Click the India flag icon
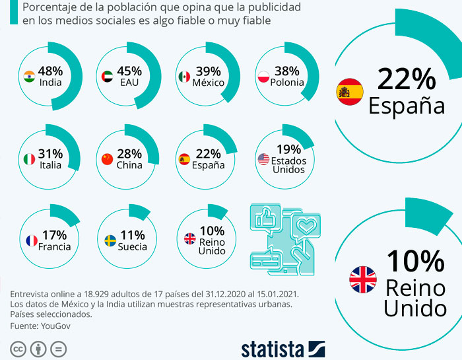tap(29, 76)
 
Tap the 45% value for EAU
tap(129, 71)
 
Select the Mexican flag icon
tap(184, 77)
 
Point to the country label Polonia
tap(287, 83)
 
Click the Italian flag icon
tap(29, 159)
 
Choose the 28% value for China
tap(129, 154)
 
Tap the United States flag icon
tap(263, 159)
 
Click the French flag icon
tap(30, 240)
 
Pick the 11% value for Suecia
tap(133, 235)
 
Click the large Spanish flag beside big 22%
tap(350, 92)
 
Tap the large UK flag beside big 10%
tap(362, 280)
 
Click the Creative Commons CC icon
tap(18, 348)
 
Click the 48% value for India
tap(50, 71)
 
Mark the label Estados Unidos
tap(288, 164)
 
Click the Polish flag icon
tap(263, 77)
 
